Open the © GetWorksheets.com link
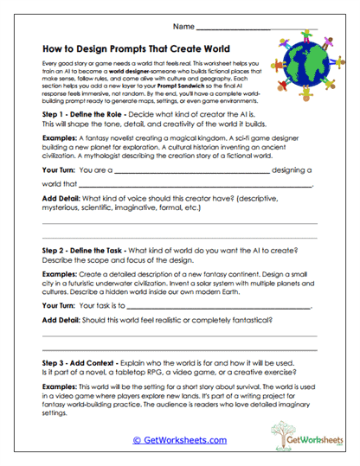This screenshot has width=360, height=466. click(x=179, y=440)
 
